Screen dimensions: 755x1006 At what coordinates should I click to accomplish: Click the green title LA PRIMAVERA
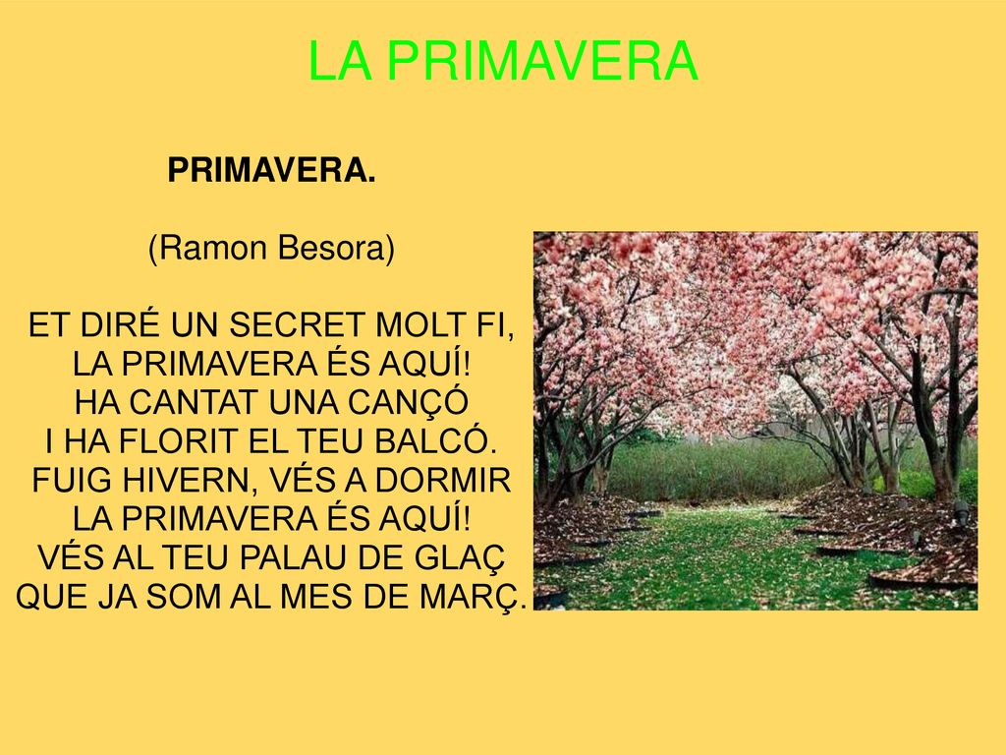(502, 63)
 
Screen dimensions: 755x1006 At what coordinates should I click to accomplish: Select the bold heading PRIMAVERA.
(271, 171)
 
